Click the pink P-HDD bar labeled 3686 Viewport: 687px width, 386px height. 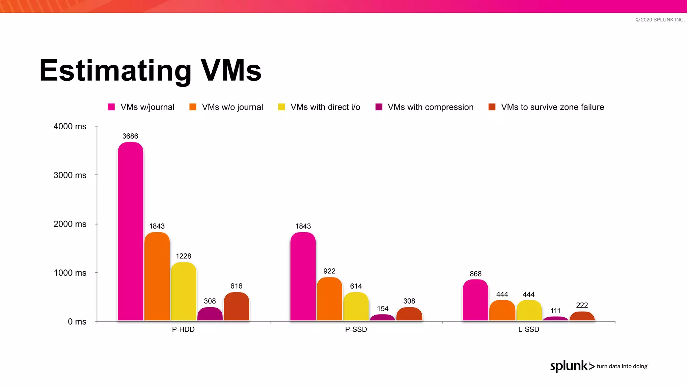(x=130, y=231)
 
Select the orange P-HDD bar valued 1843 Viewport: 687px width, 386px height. (x=157, y=276)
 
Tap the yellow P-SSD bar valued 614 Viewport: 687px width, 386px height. (x=356, y=307)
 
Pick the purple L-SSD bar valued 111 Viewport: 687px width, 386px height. (x=556, y=319)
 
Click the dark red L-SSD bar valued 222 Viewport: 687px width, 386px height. (x=582, y=316)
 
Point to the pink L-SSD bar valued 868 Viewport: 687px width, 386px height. (x=475, y=300)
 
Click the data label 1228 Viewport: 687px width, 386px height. (x=183, y=256)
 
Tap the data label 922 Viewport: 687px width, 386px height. (x=329, y=271)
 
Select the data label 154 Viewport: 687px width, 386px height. (x=382, y=309)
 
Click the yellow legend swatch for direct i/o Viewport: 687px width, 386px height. (x=281, y=107)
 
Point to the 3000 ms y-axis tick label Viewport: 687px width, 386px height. (x=70, y=175)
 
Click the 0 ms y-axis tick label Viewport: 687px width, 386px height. (x=77, y=322)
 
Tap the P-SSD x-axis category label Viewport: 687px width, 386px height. (x=356, y=329)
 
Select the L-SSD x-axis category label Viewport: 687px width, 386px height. (x=529, y=329)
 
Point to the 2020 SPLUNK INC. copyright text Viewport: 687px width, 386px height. (x=660, y=20)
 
